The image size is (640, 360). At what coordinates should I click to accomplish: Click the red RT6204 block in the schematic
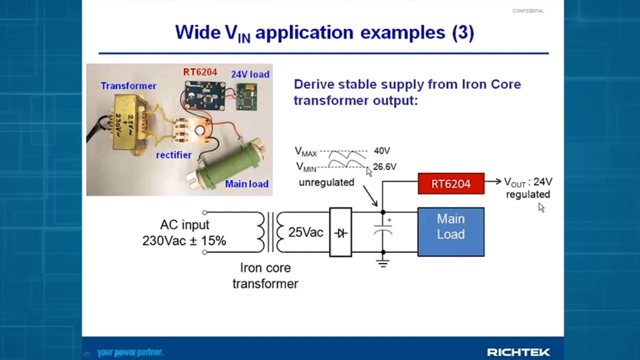point(451,184)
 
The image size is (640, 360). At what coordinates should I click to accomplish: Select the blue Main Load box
point(451,232)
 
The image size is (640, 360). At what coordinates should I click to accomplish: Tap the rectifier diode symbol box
point(340,233)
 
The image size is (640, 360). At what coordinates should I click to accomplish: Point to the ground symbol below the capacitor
point(383,264)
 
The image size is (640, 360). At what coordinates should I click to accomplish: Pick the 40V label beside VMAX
point(382,151)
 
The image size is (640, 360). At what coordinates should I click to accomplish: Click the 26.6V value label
point(385,167)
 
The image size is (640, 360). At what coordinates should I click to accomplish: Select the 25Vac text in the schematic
point(305,232)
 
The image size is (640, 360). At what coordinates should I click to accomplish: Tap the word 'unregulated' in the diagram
point(326,183)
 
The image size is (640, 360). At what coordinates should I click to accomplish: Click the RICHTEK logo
point(518,352)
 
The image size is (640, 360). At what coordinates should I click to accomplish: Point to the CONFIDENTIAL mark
point(528,11)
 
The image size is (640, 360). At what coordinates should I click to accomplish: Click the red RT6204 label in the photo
point(200,72)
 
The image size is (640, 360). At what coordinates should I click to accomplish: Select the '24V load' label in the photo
point(250,74)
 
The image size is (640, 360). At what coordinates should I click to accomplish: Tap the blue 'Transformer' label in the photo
point(128,86)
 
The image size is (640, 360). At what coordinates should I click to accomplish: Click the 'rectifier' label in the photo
point(174,155)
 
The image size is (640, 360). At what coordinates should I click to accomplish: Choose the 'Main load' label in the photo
point(247,184)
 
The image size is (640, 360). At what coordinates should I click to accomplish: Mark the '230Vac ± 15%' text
point(184,241)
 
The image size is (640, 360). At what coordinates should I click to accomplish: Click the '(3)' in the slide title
point(463,33)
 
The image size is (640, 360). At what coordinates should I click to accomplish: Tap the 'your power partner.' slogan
point(130,352)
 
